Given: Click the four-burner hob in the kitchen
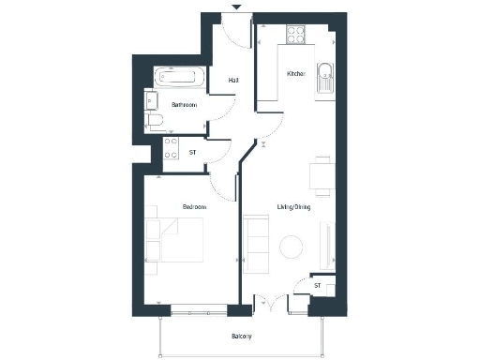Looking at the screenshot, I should (x=297, y=37).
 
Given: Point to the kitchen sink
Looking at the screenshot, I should (x=324, y=76).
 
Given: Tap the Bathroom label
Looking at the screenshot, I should (x=183, y=105).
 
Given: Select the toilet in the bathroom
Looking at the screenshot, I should (x=156, y=119).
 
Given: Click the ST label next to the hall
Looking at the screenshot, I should (x=193, y=151).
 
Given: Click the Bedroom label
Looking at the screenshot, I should (x=194, y=204).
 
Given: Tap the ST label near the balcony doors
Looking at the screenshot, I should (x=318, y=285).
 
